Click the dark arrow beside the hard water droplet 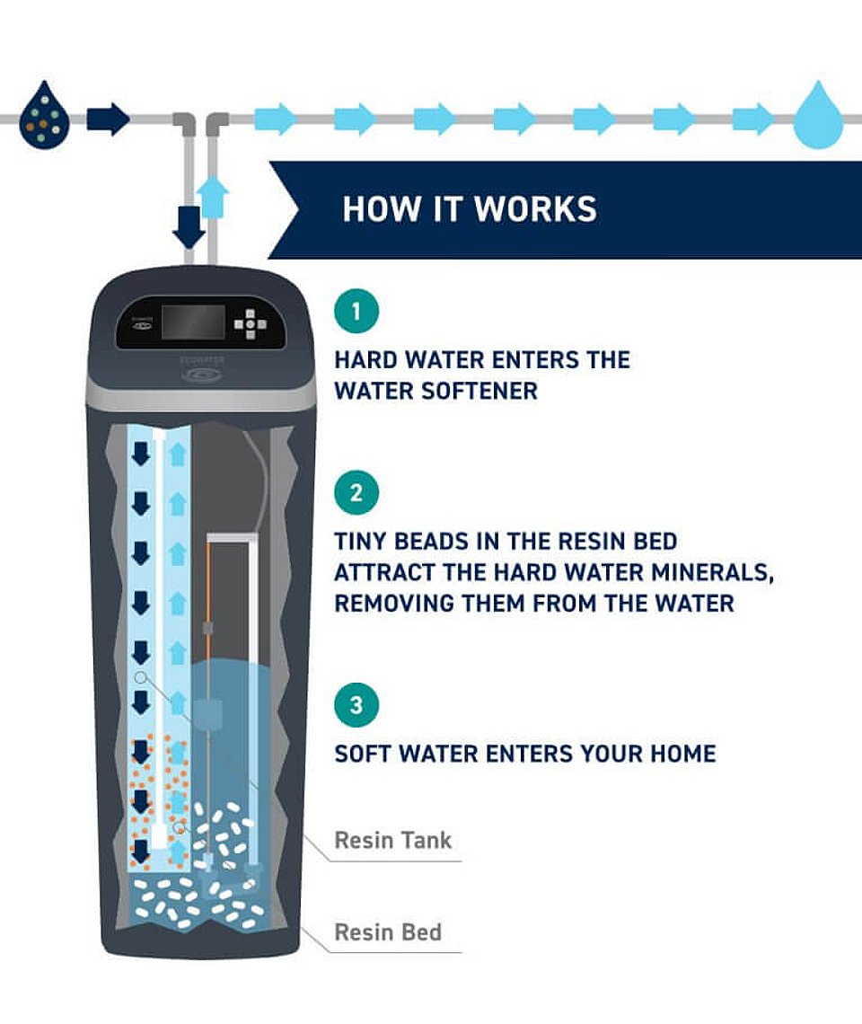click(x=108, y=119)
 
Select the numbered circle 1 click(x=356, y=311)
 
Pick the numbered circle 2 click(x=356, y=492)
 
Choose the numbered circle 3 click(x=356, y=704)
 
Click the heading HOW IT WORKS click(x=470, y=209)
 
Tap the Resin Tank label click(x=392, y=840)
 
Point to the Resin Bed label click(x=388, y=931)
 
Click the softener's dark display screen click(x=193, y=323)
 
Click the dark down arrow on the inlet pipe click(x=189, y=226)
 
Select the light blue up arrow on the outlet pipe click(x=213, y=197)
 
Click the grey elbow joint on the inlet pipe click(x=185, y=123)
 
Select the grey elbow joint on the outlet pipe click(x=216, y=123)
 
